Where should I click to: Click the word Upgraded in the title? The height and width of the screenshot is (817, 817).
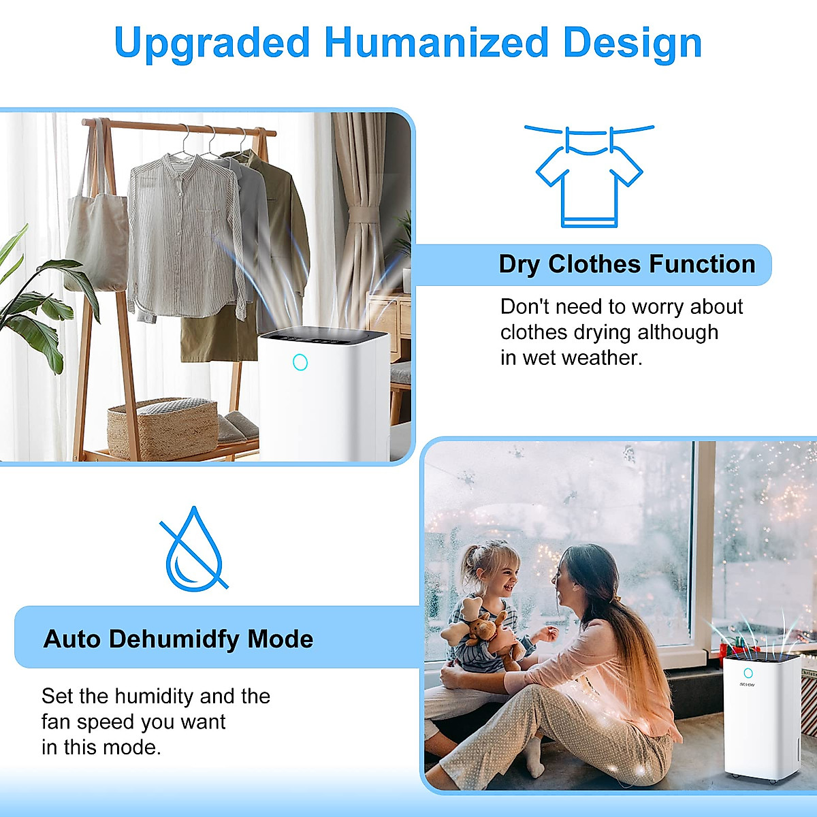coord(212,44)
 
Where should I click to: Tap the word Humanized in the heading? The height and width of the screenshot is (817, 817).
coord(436,42)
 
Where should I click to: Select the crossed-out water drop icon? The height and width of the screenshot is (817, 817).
coord(194,549)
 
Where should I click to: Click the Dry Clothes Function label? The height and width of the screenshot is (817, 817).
coord(627,264)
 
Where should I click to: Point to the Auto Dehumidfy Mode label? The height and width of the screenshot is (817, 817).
coord(178,639)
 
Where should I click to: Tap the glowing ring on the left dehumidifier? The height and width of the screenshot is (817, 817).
coord(300,362)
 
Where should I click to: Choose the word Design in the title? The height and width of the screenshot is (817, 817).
coord(632,42)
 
